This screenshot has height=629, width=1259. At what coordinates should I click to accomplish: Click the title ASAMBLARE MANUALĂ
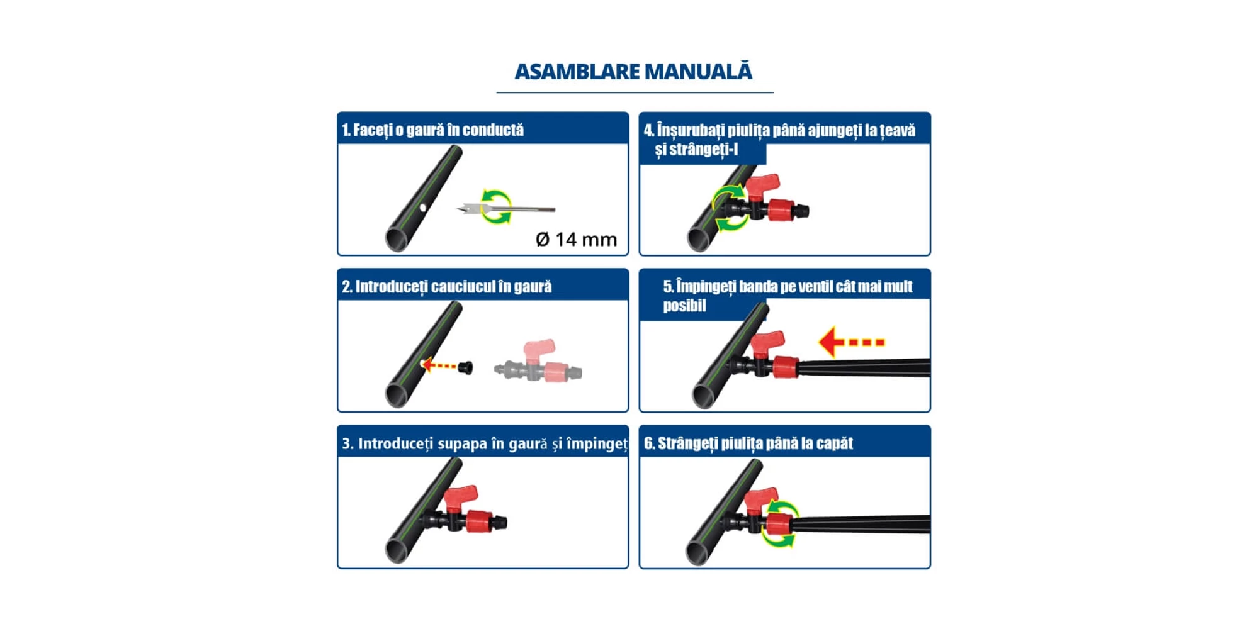click(633, 71)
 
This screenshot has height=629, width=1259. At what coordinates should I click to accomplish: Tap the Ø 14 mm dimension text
click(576, 239)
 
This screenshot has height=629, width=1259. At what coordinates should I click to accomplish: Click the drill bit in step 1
click(505, 208)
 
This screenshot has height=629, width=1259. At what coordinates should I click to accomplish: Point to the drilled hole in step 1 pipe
click(423, 208)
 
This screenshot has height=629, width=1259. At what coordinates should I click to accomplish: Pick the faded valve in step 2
click(538, 362)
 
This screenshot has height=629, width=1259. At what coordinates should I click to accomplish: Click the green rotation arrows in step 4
click(729, 208)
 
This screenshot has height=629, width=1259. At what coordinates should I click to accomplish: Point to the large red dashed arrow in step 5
click(852, 342)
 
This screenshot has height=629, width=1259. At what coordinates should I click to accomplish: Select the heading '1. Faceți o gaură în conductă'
click(432, 130)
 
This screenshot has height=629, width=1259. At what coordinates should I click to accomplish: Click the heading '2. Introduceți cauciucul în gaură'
click(447, 287)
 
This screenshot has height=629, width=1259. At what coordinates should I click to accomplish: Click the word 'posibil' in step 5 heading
click(684, 306)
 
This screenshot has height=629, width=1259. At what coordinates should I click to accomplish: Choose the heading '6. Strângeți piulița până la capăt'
click(748, 443)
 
